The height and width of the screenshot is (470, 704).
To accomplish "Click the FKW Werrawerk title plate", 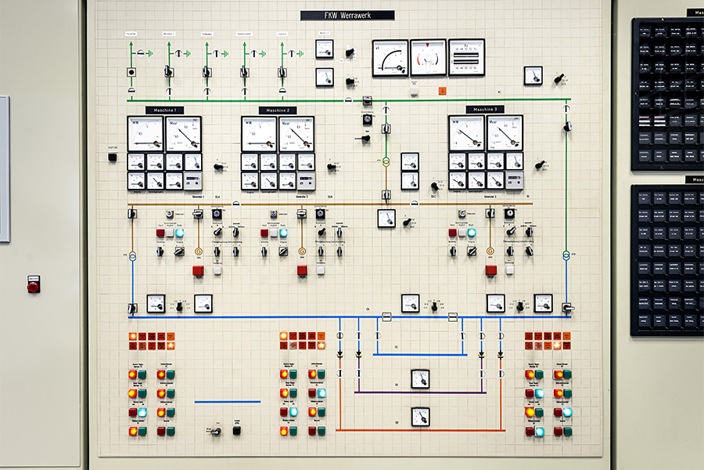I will coord(347,15).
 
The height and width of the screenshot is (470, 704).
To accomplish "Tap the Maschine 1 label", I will coord(164,110).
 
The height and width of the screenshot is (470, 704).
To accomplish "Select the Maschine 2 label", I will coord(278,110).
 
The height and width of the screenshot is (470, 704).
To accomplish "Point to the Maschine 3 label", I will coord(485,110).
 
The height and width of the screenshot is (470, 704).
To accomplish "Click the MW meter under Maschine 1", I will coord(145,133).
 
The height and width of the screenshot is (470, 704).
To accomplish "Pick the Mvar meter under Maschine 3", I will coord(505,133).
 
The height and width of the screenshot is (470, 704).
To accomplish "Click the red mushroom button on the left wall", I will coord(33,285).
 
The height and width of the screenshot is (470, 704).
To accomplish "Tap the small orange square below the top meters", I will coord(442,91).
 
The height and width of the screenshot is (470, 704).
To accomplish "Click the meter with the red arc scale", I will coord(428,57).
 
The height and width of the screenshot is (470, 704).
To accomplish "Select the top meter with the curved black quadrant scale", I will coord(390,57).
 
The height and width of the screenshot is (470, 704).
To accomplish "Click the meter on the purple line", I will coord(420,378).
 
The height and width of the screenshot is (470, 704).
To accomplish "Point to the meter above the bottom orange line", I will coord(420,416).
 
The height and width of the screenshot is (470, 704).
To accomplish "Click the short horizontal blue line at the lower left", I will coord(227,402).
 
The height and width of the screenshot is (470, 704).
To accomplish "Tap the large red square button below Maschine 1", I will coord(198,270).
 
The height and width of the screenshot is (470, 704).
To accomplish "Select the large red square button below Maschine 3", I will coord(490,270).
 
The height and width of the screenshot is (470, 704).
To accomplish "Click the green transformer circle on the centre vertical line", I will coord(386,161).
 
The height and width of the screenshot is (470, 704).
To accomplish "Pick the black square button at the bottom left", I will coord(237,430).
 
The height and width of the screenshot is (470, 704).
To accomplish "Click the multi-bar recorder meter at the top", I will coord(466,57).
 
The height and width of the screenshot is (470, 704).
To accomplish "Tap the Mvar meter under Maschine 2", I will coord(297,133).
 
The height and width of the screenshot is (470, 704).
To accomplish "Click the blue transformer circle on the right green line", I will coord(566,255).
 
